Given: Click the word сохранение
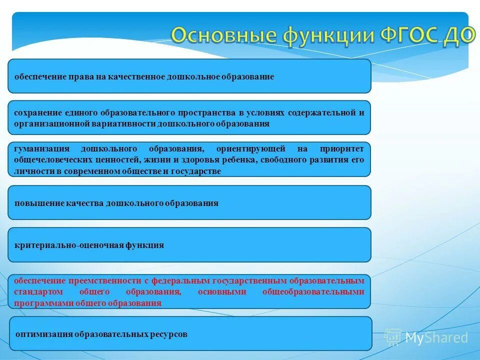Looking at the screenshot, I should pyautogui.click(x=38, y=112).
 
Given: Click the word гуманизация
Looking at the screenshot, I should pyautogui.click(x=40, y=149).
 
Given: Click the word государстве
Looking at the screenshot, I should pyautogui.click(x=195, y=171).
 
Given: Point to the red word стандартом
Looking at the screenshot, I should pyautogui.click(x=35, y=292).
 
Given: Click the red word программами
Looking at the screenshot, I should pyautogui.click(x=38, y=303).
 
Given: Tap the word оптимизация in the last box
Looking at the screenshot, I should pyautogui.click(x=44, y=334).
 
